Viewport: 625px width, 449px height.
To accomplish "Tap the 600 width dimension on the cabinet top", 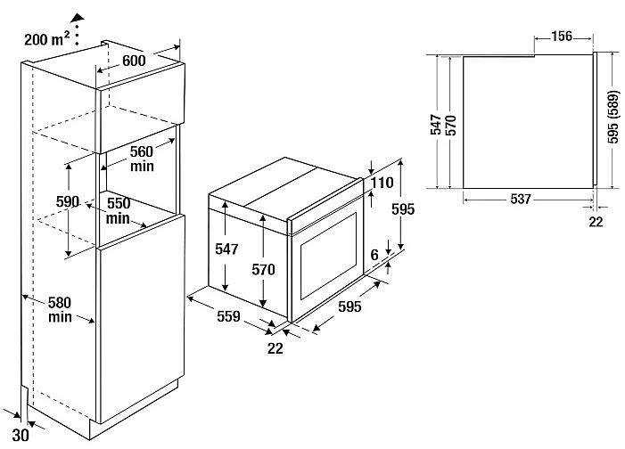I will point(135,61).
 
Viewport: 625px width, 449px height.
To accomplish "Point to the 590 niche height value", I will point(68,201).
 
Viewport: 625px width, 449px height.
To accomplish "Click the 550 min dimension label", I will point(119,210).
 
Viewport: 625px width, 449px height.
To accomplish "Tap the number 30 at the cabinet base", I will point(21,437).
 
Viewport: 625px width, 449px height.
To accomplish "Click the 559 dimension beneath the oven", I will point(230,315).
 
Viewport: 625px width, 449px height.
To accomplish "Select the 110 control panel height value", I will point(383,183).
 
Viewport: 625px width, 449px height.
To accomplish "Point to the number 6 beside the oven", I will point(374,255).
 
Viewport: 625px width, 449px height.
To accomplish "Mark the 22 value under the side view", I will point(596,222).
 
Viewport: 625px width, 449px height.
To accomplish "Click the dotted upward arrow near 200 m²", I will point(77,26).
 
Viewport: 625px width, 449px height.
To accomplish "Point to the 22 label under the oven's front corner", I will point(275,347).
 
